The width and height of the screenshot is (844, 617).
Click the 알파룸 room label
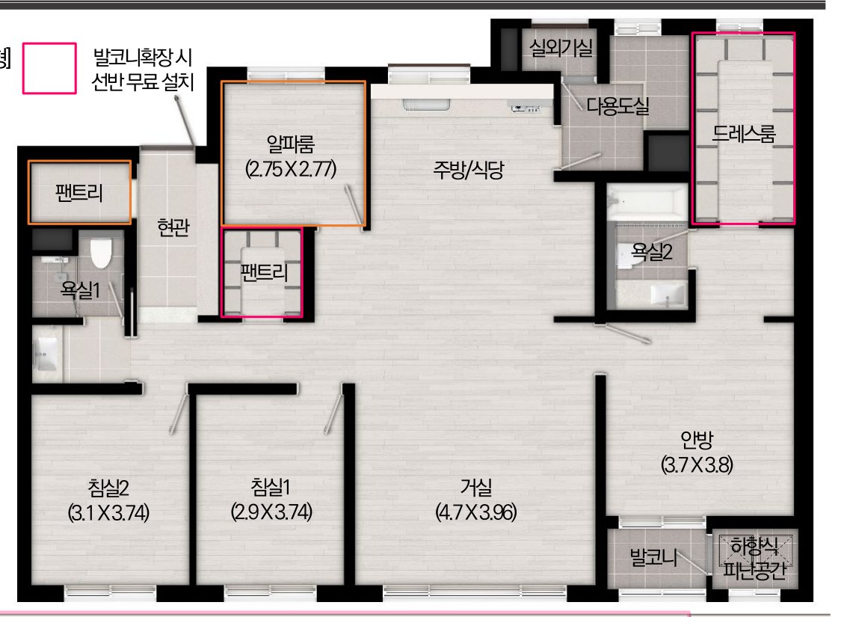[x=290, y=144]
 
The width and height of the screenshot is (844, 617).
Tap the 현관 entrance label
[x=173, y=227]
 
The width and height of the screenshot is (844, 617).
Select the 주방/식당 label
[x=468, y=170]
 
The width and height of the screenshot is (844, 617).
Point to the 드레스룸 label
[x=743, y=133]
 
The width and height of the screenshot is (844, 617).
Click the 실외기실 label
[x=561, y=48]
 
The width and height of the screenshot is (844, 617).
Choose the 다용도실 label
[x=617, y=106]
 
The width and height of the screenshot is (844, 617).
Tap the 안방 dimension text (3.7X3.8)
[x=697, y=464]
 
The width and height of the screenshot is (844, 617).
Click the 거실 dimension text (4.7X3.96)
[x=476, y=512]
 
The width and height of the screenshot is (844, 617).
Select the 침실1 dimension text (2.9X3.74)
[x=272, y=511]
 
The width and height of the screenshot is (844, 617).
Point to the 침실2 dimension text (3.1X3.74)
[x=108, y=512]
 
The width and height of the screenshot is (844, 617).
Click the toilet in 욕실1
[x=101, y=252]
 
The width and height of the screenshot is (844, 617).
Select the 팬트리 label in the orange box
[x=79, y=192]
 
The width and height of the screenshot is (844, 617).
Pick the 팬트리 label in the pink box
[x=264, y=272]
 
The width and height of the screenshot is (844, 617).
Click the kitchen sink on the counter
[x=426, y=105]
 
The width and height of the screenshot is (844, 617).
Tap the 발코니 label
[x=654, y=557]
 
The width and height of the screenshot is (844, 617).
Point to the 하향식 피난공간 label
[x=754, y=559]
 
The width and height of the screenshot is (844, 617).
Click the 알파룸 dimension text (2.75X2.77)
[x=291, y=169]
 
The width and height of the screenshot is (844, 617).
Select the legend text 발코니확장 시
[x=143, y=57]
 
